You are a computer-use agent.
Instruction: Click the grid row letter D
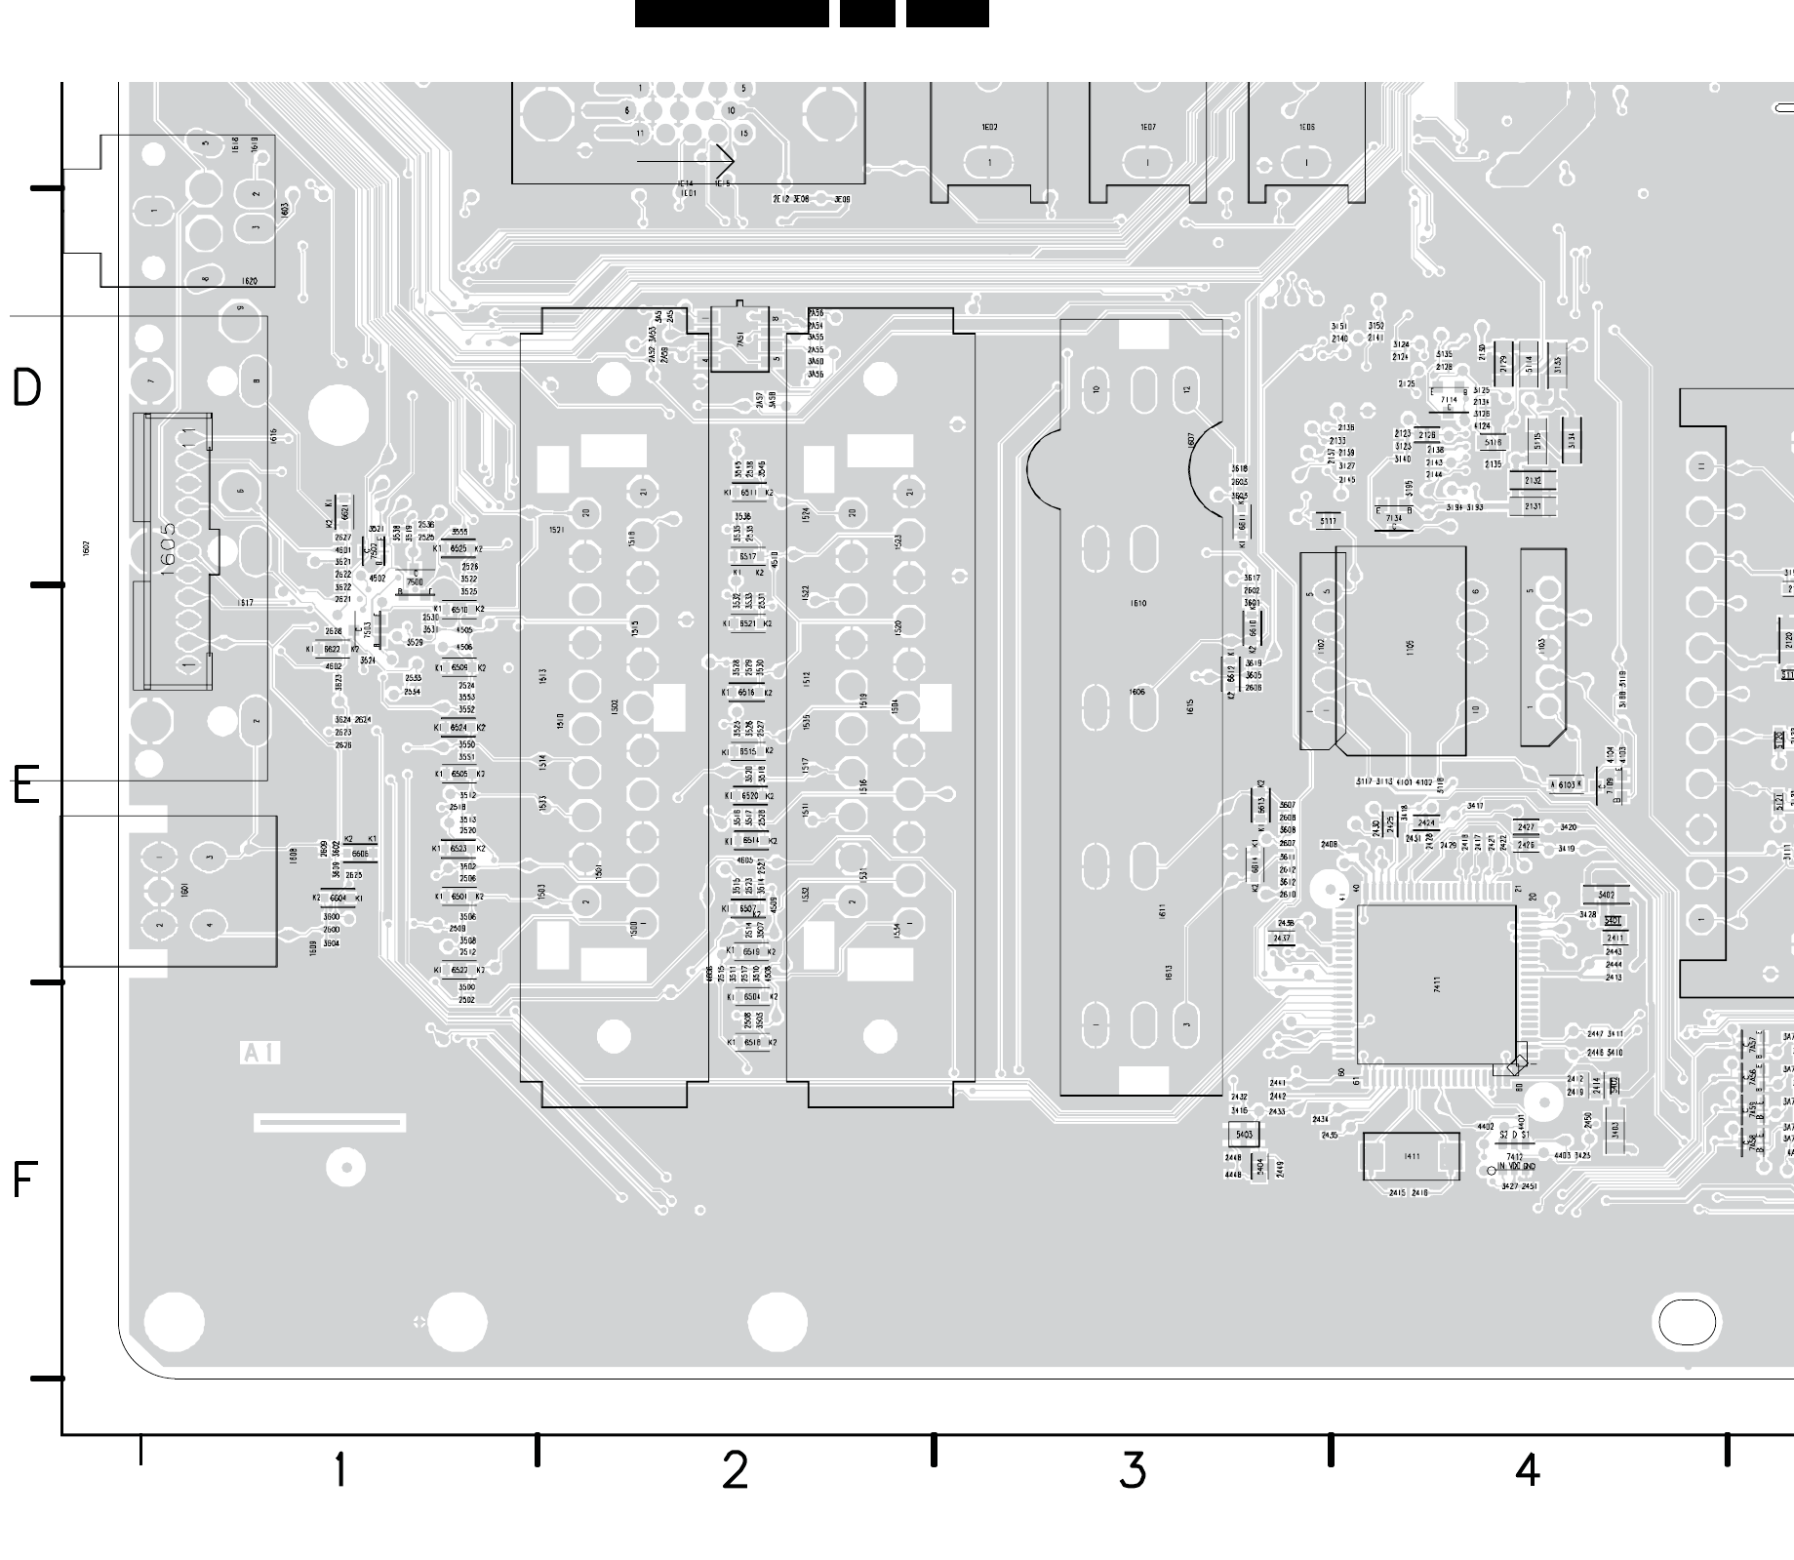[26, 387]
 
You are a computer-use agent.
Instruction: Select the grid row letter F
[25, 1180]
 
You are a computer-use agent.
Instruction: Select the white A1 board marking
[260, 1053]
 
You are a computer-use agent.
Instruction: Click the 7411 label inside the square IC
[1437, 984]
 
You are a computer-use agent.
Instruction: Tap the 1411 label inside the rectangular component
[1411, 1156]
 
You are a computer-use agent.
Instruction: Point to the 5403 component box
[1244, 1135]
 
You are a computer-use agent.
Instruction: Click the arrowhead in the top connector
[725, 159]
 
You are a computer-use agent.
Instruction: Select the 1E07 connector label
[1148, 128]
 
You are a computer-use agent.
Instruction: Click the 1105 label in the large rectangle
[1410, 646]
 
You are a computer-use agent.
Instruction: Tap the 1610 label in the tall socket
[1137, 604]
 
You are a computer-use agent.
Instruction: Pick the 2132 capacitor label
[1533, 481]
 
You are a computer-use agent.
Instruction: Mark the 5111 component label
[1328, 521]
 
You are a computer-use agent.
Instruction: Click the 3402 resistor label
[1605, 895]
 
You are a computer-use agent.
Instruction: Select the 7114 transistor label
[1449, 399]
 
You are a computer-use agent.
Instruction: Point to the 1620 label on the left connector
[250, 281]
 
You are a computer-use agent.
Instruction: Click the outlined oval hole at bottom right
[1687, 1323]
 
